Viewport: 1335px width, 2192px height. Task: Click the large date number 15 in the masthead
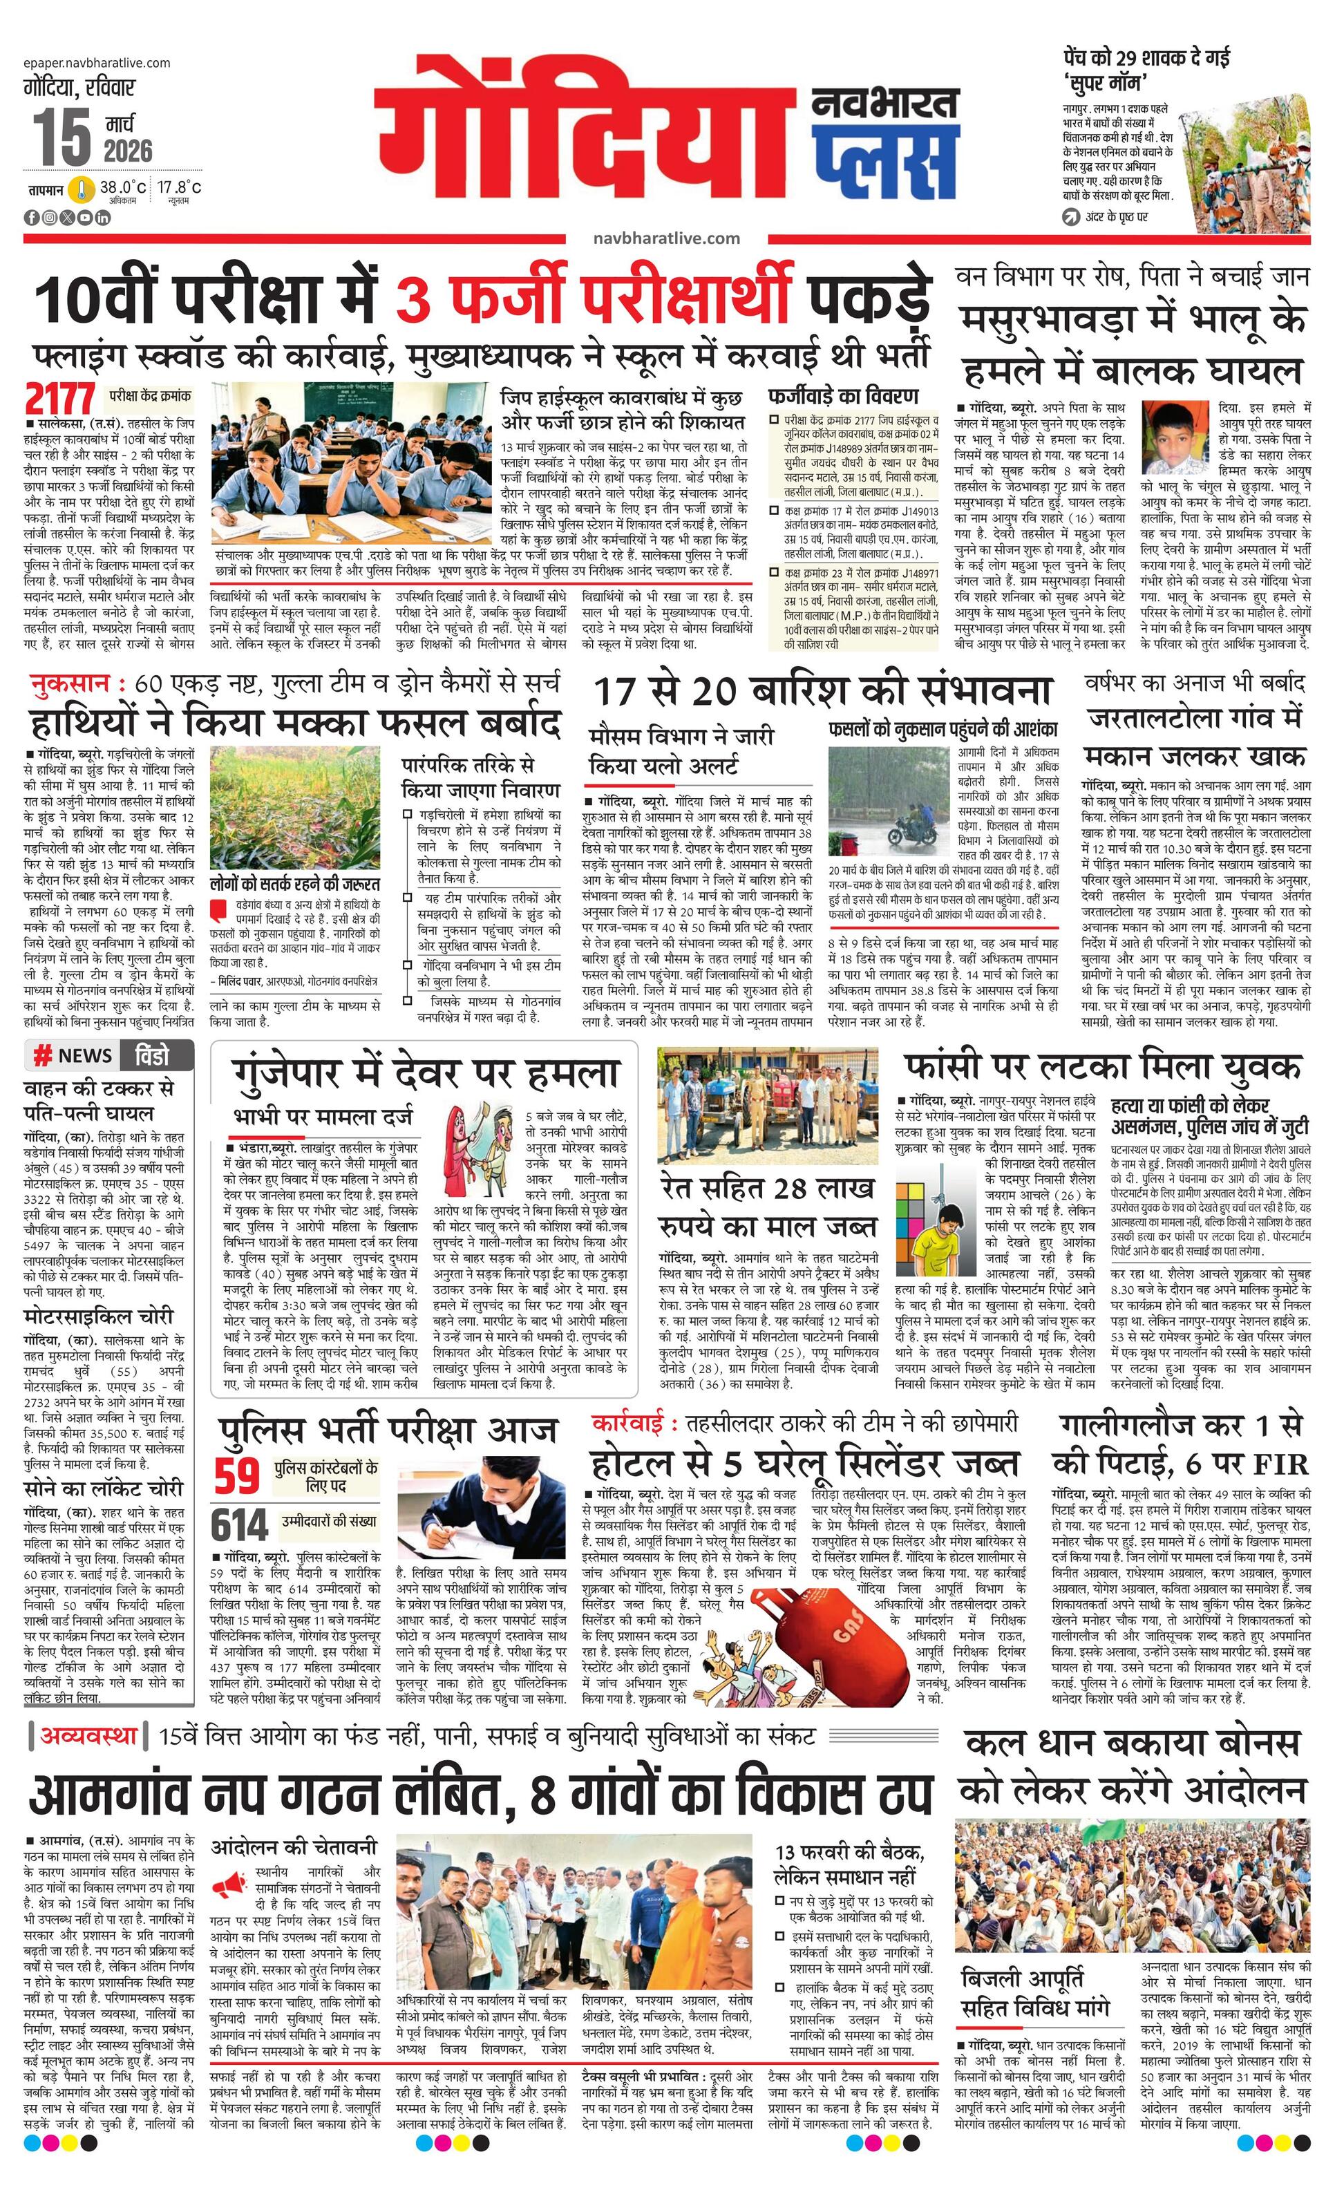pyautogui.click(x=62, y=136)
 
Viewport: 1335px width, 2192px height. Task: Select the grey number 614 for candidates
pyautogui.click(x=239, y=1524)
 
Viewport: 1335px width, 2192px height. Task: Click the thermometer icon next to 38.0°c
pyautogui.click(x=83, y=189)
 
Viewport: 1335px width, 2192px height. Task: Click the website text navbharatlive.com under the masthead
pyautogui.click(x=666, y=238)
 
